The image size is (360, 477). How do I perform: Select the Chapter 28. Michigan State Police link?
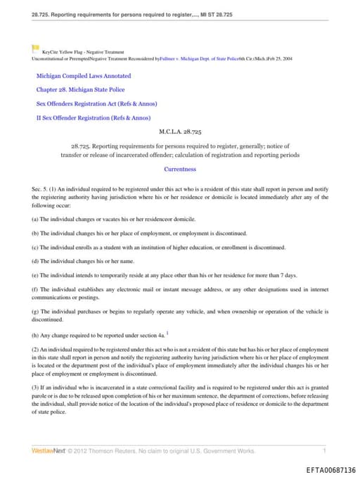point(81,90)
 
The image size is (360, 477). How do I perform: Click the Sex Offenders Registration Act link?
point(86,104)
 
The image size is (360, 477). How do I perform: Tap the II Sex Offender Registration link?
point(93,118)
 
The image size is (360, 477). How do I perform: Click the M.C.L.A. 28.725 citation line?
point(180,132)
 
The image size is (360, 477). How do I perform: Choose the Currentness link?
point(180,169)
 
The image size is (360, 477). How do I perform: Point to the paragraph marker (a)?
point(36,220)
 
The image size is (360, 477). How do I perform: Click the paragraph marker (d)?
point(36,262)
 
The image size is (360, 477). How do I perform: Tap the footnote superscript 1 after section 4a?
point(167,333)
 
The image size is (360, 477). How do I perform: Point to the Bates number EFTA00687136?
point(331,469)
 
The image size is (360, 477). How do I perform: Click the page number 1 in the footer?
point(324,450)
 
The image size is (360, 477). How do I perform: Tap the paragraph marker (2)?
point(36,349)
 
